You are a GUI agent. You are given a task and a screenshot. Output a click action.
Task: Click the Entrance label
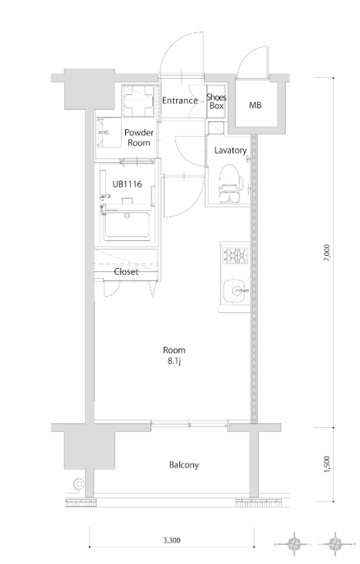180,100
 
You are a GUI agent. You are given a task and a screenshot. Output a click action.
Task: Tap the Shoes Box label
216,101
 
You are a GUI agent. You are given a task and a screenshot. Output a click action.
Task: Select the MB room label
255,105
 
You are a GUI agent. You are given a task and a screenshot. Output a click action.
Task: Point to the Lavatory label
230,151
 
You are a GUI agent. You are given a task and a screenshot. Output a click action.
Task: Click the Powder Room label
139,138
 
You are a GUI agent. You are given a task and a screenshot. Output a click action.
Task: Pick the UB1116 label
127,185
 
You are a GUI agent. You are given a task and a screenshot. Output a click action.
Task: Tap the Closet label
126,272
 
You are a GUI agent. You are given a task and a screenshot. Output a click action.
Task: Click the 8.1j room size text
174,361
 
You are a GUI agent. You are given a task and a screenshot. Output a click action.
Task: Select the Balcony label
184,465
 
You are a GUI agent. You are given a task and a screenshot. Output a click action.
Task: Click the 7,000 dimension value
327,253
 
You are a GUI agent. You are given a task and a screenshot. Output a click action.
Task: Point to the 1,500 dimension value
327,464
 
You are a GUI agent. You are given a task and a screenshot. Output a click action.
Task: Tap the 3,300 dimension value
172,540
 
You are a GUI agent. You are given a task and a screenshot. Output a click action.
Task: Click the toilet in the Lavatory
230,184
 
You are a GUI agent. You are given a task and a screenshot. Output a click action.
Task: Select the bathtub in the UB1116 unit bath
127,225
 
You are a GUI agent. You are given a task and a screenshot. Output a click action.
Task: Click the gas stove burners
236,255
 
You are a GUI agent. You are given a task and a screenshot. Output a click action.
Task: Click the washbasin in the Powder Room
104,133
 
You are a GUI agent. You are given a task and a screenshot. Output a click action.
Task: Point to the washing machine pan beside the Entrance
138,100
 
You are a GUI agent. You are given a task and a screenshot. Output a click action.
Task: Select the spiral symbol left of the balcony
79,484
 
